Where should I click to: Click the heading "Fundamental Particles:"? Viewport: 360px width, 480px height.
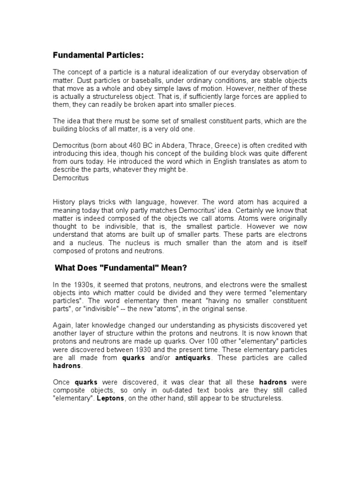point(98,55)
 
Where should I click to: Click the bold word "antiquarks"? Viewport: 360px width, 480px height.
point(192,358)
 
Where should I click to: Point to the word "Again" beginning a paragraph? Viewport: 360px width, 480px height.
point(62,326)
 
